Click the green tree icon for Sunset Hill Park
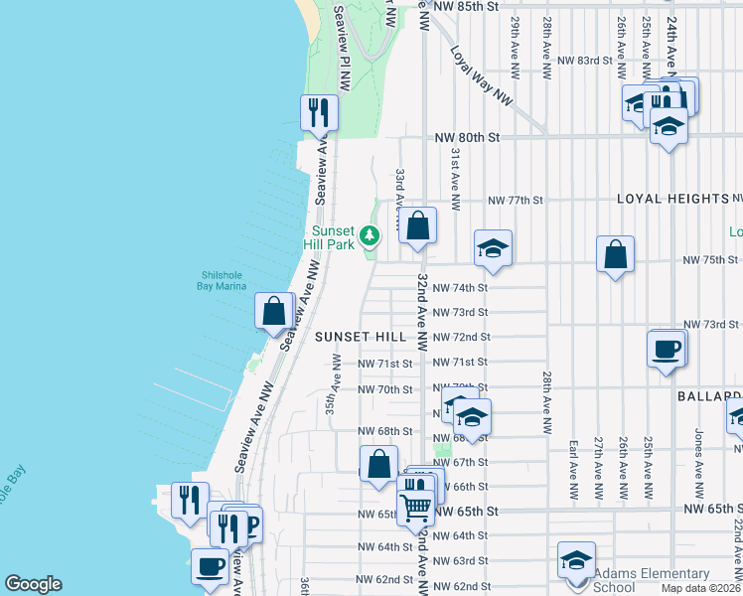pyautogui.click(x=370, y=235)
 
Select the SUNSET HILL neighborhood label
pyautogui.click(x=361, y=337)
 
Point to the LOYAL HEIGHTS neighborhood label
pyautogui.click(x=673, y=199)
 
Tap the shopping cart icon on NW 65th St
pyautogui.click(x=415, y=506)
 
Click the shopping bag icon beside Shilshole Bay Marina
pyautogui.click(x=273, y=310)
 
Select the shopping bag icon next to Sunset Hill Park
pyautogui.click(x=418, y=225)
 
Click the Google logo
pyautogui.click(x=35, y=584)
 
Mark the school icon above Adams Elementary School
pyautogui.click(x=576, y=560)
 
